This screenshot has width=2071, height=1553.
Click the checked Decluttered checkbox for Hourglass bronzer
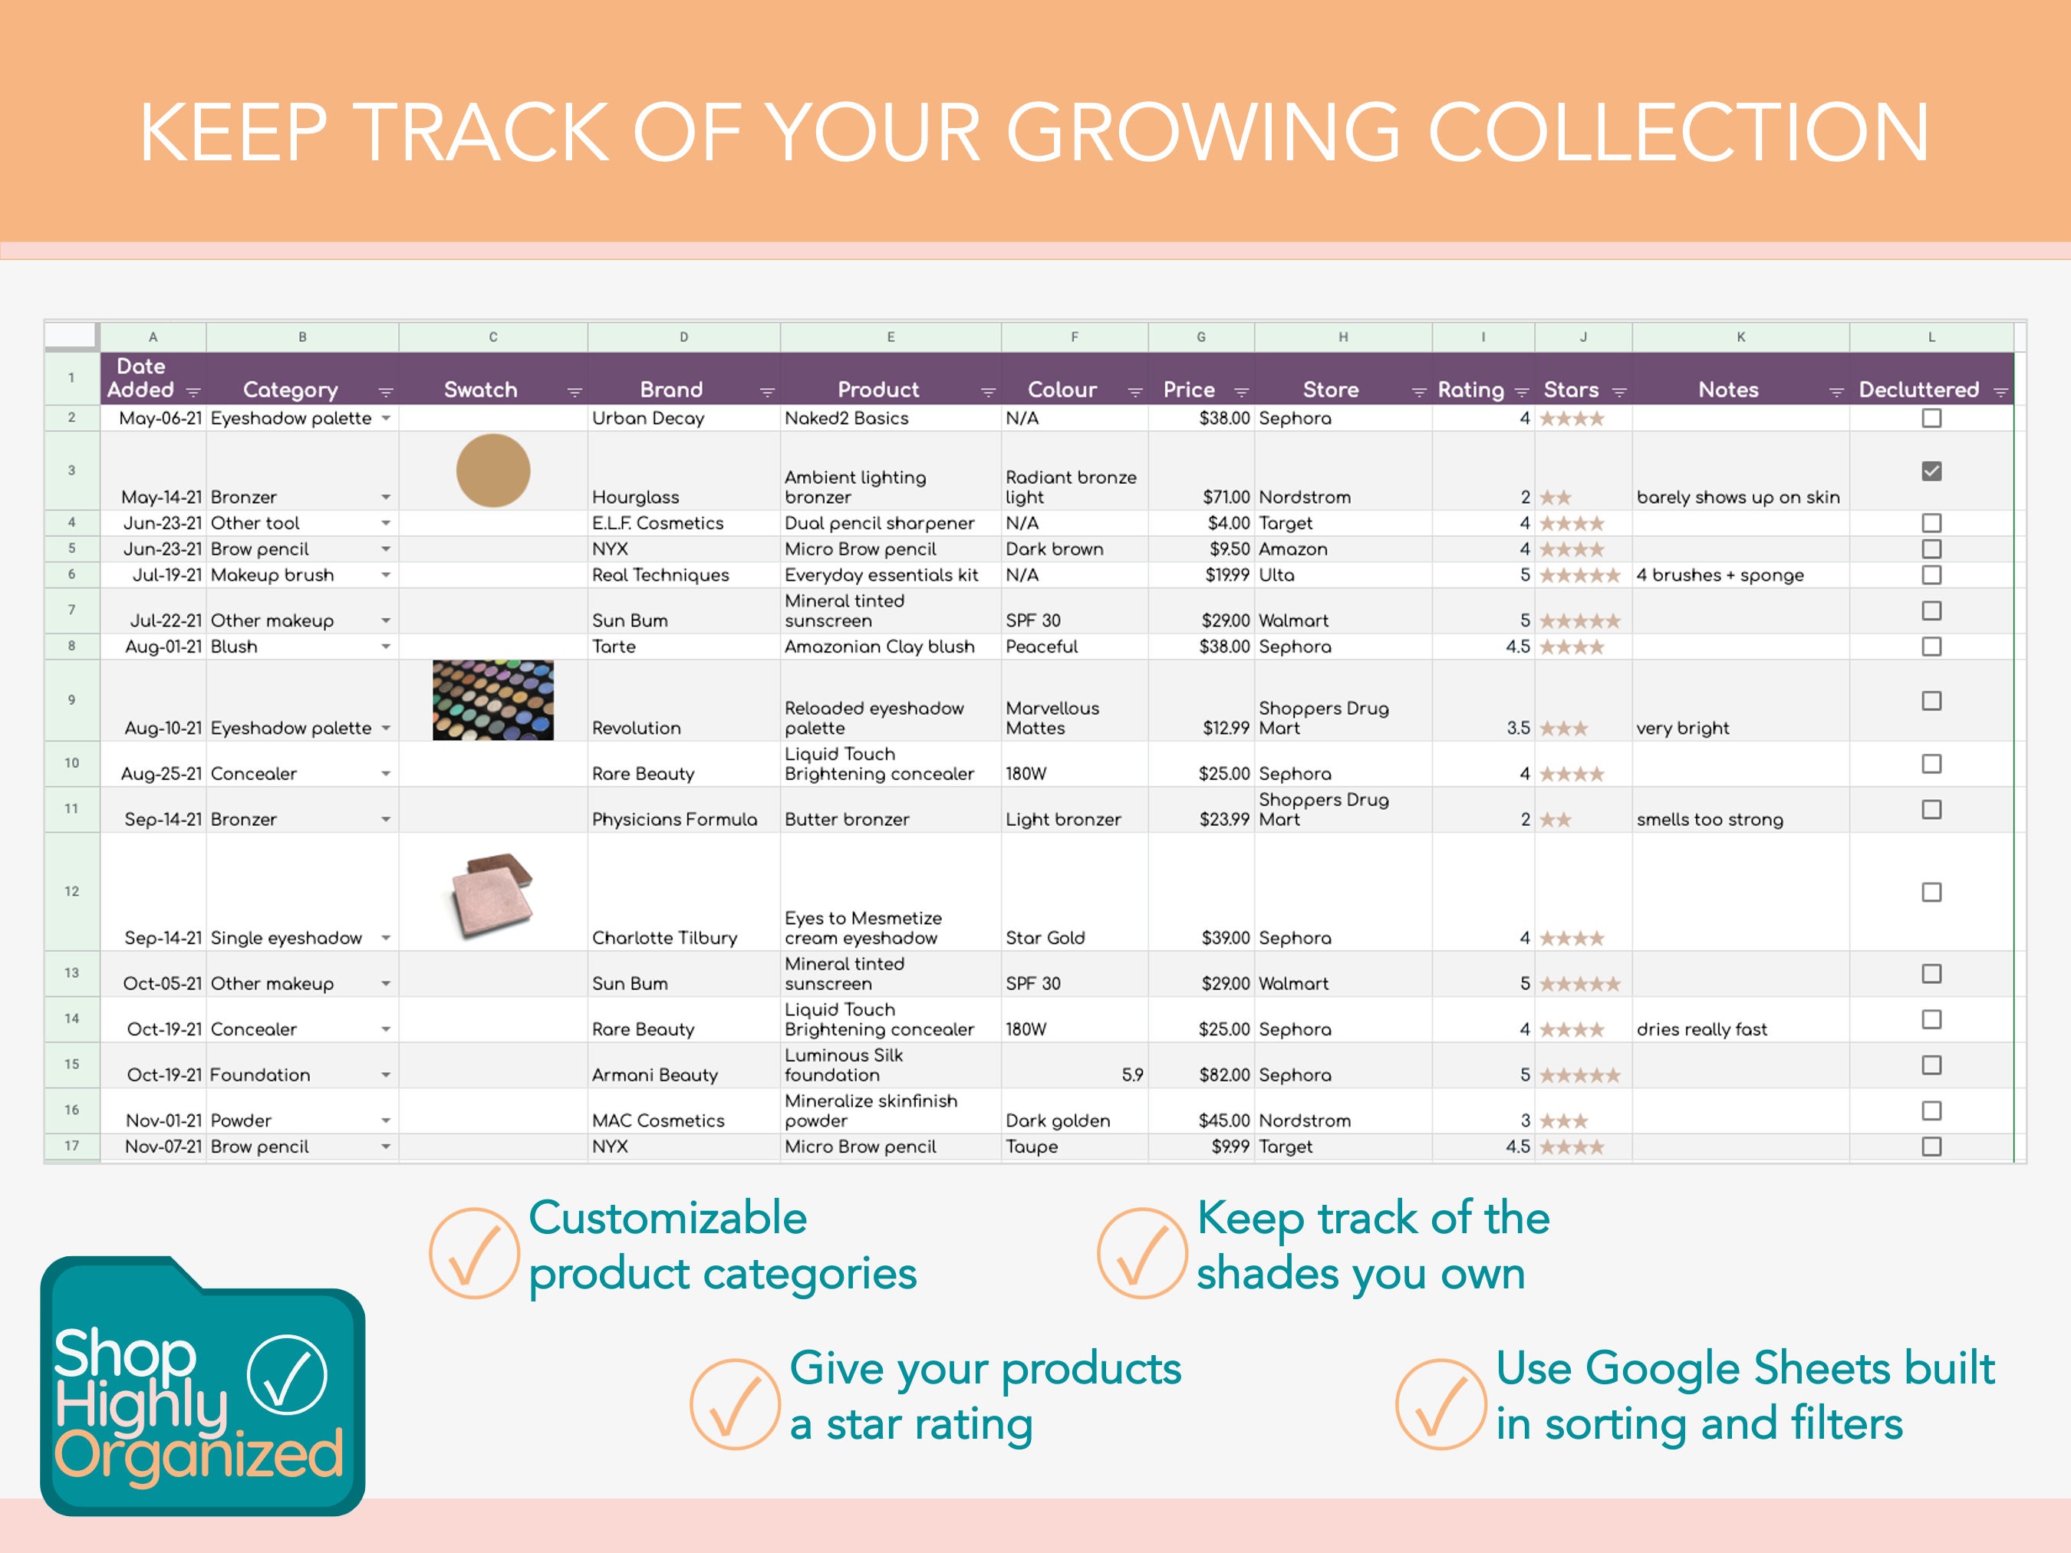(x=1931, y=471)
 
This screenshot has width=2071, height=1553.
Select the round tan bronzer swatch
(x=492, y=470)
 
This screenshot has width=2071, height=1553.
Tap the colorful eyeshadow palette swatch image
(x=492, y=700)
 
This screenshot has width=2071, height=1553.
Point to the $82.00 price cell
(x=1223, y=1074)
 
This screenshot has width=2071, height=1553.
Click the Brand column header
(x=670, y=390)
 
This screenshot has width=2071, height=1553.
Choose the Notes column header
(x=1727, y=390)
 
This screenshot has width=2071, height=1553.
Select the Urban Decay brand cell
(x=648, y=419)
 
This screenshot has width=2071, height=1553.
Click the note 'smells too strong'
(x=1709, y=819)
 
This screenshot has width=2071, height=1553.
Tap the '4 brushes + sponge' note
(x=1719, y=574)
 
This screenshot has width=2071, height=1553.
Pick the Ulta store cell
(x=1276, y=574)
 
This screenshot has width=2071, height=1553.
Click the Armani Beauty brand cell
(x=654, y=1074)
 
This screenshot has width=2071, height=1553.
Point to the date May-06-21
(x=160, y=419)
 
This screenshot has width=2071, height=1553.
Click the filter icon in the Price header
(x=1242, y=392)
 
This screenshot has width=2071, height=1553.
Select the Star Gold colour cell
(x=1045, y=937)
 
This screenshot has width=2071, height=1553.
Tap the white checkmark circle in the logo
(x=287, y=1374)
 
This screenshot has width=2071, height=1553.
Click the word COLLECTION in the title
(x=1677, y=133)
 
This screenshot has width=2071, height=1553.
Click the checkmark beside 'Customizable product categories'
(x=474, y=1252)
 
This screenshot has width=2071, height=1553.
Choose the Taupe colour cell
(x=1031, y=1146)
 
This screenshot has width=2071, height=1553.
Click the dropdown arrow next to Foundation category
(x=385, y=1075)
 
